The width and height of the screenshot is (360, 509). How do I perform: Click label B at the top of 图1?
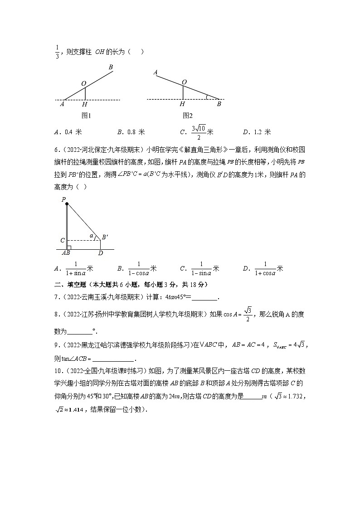pyautogui.click(x=110, y=68)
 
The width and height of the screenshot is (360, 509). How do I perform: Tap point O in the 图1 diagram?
pyautogui.click(x=83, y=83)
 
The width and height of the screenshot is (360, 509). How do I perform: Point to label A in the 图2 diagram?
pyautogui.click(x=155, y=73)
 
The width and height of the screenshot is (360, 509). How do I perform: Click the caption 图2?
pyautogui.click(x=188, y=116)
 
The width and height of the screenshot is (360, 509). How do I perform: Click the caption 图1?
pyautogui.click(x=86, y=116)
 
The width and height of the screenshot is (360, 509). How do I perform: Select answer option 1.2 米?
pyautogui.click(x=262, y=132)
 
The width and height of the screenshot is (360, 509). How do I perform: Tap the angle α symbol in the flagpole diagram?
pyautogui.click(x=91, y=236)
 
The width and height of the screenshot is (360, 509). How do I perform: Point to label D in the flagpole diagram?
pyautogui.click(x=101, y=253)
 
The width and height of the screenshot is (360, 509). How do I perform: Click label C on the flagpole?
pyautogui.click(x=63, y=240)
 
